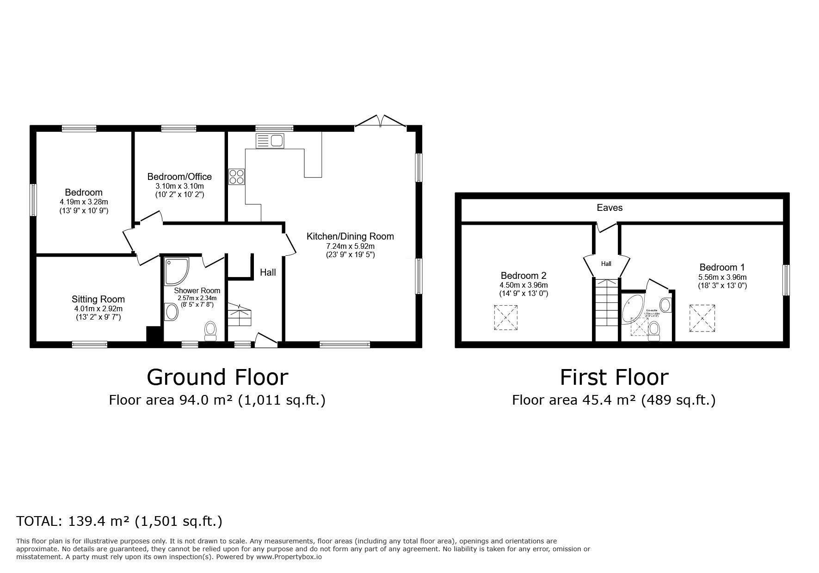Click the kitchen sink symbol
[270, 141]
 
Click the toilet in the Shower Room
[210, 331]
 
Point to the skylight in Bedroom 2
[506, 317]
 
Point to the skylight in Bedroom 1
[702, 318]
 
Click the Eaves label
[610, 208]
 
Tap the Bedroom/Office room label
[179, 177]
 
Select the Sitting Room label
[98, 299]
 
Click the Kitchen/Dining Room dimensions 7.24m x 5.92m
[350, 246]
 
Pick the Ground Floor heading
[217, 377]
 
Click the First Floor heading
[614, 377]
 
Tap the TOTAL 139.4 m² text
[119, 521]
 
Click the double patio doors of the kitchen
[380, 121]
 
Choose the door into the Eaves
[606, 227]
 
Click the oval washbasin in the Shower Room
[172, 312]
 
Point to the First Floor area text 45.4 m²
[614, 400]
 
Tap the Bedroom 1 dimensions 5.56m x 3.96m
[722, 277]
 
